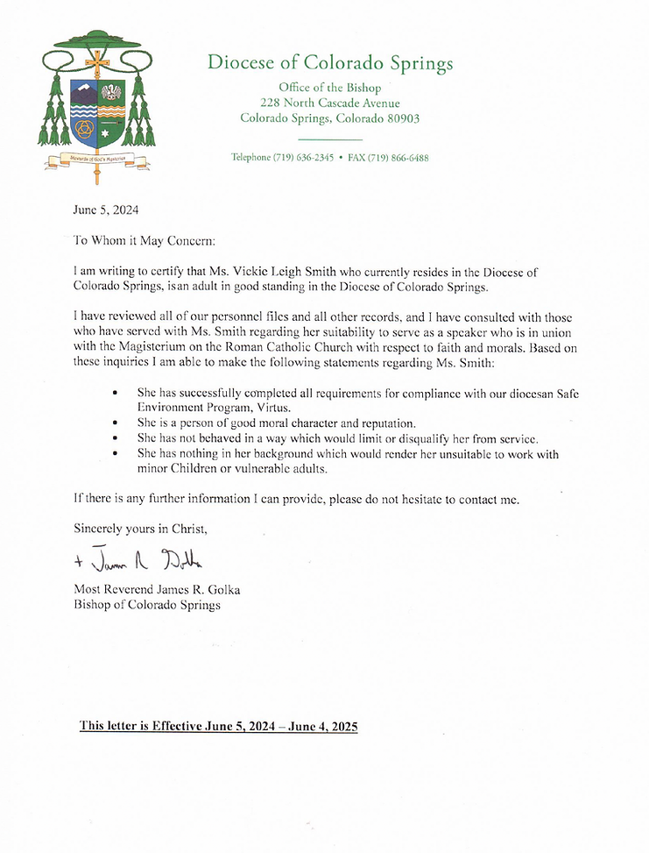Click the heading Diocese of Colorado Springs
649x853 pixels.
pyautogui.click(x=330, y=63)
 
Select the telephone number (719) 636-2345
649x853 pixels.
pyautogui.click(x=301, y=158)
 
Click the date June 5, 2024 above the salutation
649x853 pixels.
pyautogui.click(x=106, y=210)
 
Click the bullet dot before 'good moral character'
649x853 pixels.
pyautogui.click(x=116, y=423)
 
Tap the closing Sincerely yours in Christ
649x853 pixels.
pyautogui.click(x=140, y=529)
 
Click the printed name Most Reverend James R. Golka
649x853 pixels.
pyautogui.click(x=157, y=590)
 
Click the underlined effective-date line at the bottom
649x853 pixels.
pyautogui.click(x=219, y=727)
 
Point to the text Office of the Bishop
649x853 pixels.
pyautogui.click(x=329, y=87)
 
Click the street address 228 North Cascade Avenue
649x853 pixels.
pyautogui.click(x=329, y=103)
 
